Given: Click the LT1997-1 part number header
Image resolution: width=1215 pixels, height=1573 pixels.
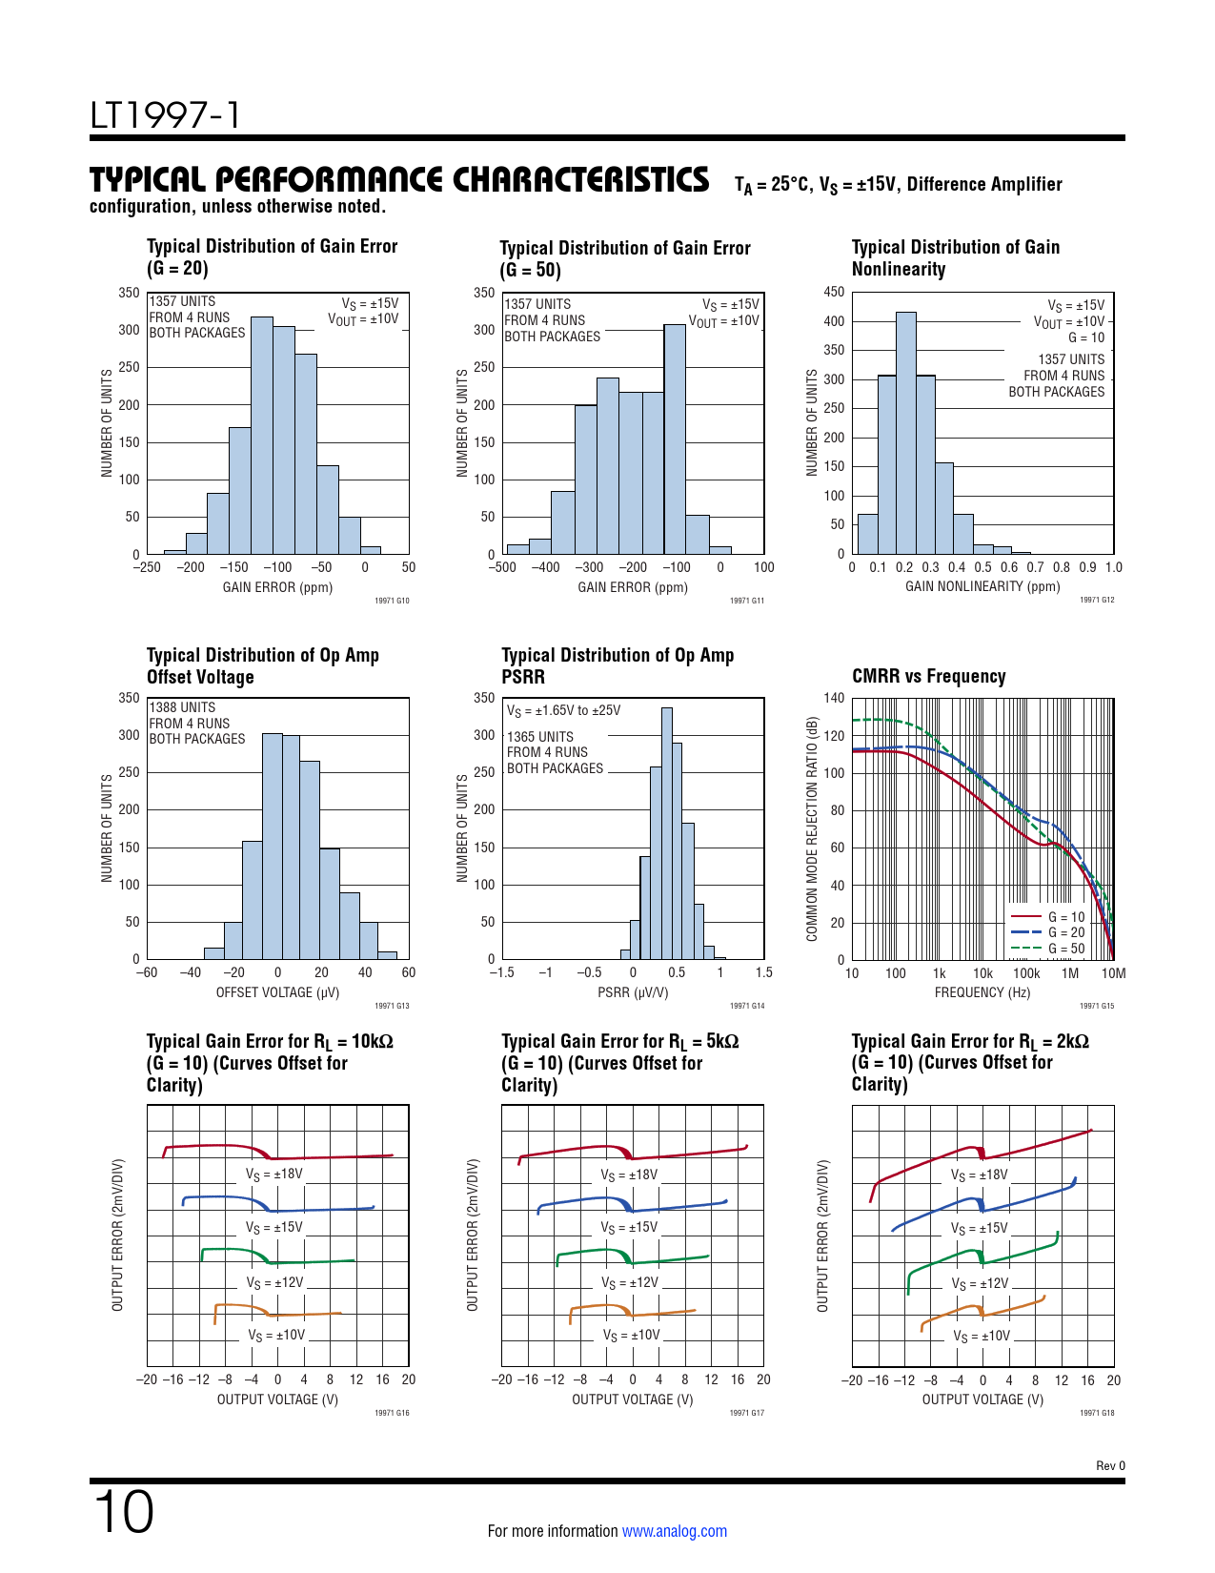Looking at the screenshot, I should pos(165,115).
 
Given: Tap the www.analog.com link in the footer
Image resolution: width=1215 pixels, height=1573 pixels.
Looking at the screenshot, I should pos(674,1531).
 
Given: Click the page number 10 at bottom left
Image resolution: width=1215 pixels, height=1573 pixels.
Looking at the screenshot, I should pos(123,1511).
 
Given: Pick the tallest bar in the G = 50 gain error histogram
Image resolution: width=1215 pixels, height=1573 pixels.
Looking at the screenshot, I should pos(675,439).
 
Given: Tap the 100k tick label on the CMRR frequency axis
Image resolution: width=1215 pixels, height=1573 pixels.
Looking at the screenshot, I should pos(1026,973).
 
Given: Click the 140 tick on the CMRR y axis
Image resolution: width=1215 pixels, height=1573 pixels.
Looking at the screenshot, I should pos(834,698).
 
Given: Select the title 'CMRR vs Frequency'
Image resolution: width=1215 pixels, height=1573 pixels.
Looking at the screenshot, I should pos(928,676).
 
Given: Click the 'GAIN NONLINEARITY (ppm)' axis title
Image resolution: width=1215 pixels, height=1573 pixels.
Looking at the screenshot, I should pos(982,586).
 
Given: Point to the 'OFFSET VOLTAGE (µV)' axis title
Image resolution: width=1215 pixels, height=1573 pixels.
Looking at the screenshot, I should pos(277,992).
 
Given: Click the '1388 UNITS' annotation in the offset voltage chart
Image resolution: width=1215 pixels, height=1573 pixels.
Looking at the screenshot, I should pos(183,707).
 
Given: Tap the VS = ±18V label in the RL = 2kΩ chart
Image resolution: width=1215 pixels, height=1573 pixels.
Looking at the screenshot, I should pos(979,1175).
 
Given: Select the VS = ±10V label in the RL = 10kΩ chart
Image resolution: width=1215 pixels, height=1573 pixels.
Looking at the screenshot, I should pos(276,1336).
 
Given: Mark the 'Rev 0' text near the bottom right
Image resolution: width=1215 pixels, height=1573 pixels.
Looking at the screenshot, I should pos(1110,1465).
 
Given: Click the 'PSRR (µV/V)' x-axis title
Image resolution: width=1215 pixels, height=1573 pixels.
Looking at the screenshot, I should pos(633,992).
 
